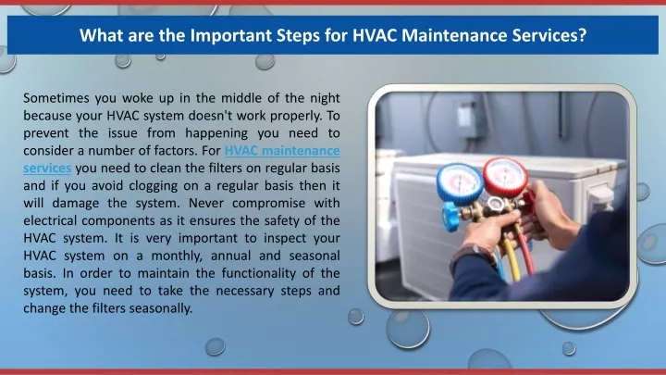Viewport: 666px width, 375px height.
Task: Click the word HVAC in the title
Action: click(x=375, y=35)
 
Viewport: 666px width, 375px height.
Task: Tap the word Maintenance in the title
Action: click(x=454, y=35)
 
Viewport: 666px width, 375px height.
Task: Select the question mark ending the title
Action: click(x=583, y=35)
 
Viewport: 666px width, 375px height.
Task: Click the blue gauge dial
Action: click(x=460, y=183)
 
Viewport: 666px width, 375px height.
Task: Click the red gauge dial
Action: click(x=505, y=177)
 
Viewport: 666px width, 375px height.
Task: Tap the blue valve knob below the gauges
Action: click(x=450, y=217)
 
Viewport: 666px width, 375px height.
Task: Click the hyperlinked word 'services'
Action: click(x=47, y=169)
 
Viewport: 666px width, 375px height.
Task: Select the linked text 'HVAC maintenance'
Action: click(x=282, y=151)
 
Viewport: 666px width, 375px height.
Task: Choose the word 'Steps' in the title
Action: click(x=298, y=36)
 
